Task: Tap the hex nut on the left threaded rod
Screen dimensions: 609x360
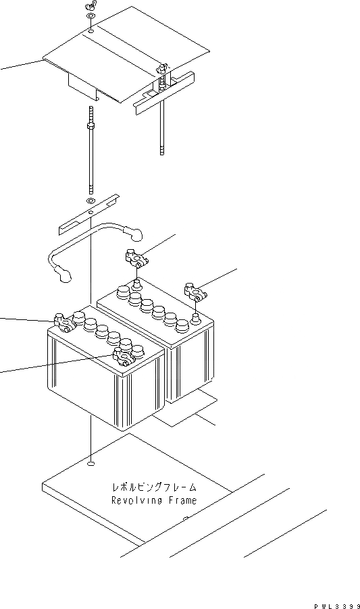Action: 90,126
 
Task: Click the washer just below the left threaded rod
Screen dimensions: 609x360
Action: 90,202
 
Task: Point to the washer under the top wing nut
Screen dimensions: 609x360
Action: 90,30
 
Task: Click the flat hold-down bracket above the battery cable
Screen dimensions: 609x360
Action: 88,215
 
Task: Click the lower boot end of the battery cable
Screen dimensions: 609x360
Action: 65,276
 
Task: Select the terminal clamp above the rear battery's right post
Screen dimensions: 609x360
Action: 193,292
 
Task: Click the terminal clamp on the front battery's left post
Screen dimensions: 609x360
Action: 62,322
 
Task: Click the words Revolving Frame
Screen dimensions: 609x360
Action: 154,500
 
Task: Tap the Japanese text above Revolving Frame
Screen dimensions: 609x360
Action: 154,486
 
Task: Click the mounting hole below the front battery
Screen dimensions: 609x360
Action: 90,463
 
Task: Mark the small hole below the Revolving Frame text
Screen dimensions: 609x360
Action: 186,519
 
